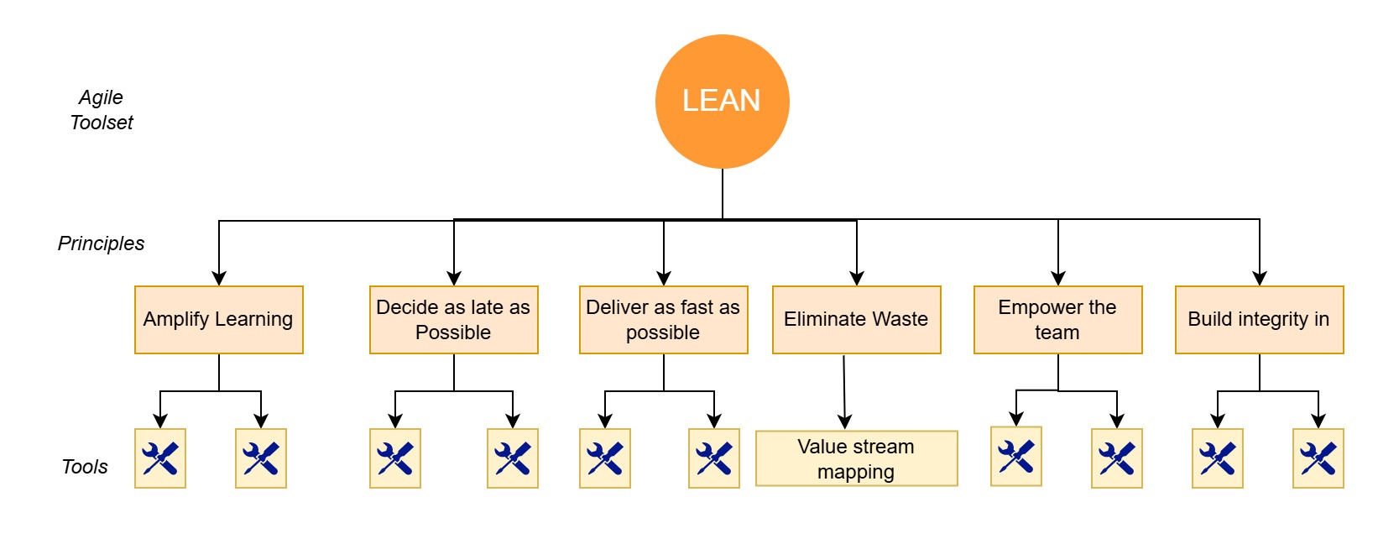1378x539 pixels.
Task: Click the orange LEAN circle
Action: click(722, 101)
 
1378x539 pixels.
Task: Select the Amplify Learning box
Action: click(218, 320)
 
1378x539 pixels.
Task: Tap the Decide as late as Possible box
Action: click(453, 320)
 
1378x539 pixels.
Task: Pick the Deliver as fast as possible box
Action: click(663, 320)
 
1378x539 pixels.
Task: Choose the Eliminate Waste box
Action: click(856, 320)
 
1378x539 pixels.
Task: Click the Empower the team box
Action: click(1057, 320)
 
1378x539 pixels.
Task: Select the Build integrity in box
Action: click(1259, 320)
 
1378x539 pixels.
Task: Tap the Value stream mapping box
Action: click(856, 458)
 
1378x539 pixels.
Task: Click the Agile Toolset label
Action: click(101, 110)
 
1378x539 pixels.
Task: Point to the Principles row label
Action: click(101, 243)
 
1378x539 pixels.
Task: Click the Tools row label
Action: click(85, 467)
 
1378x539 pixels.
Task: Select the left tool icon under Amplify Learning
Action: click(160, 458)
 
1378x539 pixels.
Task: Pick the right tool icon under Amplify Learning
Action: click(261, 458)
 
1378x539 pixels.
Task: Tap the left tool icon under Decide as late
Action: click(395, 458)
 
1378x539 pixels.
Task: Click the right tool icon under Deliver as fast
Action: click(714, 458)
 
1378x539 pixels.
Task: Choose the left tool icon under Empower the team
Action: click(1016, 457)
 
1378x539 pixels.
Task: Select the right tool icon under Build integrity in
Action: click(1318, 458)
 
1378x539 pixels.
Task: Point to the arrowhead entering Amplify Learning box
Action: click(219, 279)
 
